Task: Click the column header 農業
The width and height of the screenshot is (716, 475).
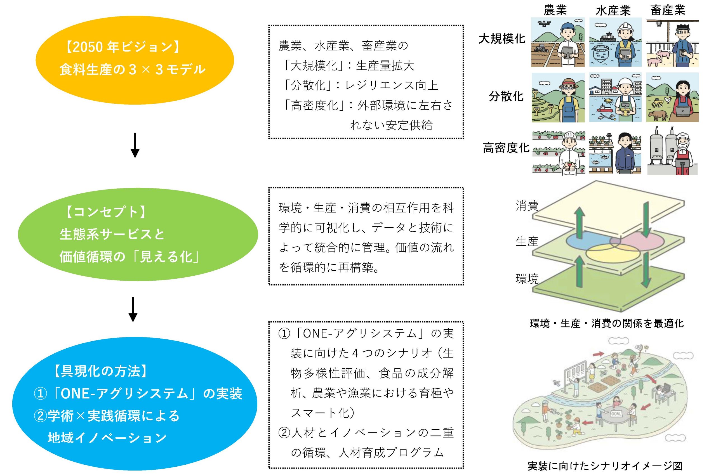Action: (x=555, y=10)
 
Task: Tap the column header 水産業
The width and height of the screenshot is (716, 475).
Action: (x=613, y=11)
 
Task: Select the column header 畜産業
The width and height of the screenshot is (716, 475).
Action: (x=668, y=10)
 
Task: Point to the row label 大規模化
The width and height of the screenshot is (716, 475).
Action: (x=502, y=39)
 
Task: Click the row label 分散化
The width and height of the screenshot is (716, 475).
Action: (x=506, y=96)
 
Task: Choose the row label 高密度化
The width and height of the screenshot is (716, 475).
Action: (x=506, y=148)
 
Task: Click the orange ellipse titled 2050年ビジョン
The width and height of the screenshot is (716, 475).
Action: (x=135, y=60)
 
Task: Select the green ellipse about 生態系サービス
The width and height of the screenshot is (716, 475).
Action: (x=138, y=234)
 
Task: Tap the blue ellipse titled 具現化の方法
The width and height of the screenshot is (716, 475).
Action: (x=135, y=404)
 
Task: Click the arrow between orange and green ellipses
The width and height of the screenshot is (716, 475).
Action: (x=135, y=145)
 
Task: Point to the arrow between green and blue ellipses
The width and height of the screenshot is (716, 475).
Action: (x=133, y=309)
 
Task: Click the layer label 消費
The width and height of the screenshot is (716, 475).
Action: (x=527, y=206)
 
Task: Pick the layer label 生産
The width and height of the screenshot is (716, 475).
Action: (x=527, y=242)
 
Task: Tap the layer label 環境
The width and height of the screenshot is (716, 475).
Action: (x=527, y=278)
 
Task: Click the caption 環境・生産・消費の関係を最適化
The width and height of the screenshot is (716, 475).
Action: (x=607, y=323)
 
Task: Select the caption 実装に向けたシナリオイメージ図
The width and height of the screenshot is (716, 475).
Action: (x=605, y=466)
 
